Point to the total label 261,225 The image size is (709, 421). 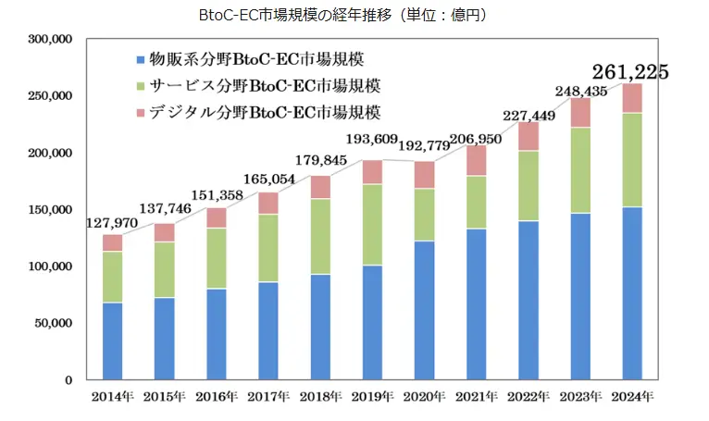[630, 71]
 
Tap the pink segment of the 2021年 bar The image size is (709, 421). [477, 160]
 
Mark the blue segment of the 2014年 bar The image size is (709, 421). [113, 341]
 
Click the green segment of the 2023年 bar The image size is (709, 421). [580, 170]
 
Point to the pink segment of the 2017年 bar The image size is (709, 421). [268, 204]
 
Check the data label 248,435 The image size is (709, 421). [580, 91]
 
